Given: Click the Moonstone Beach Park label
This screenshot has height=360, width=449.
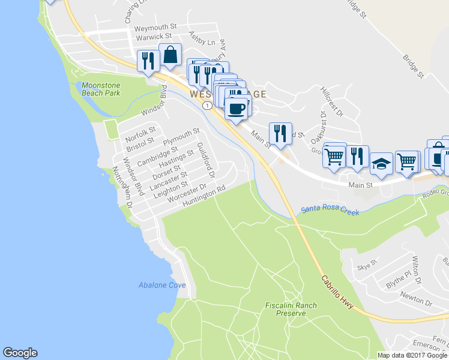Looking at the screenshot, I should [101, 89].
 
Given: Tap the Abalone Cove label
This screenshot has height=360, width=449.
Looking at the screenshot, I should [161, 285].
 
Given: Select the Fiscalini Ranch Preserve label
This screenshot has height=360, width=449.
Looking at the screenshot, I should [291, 310].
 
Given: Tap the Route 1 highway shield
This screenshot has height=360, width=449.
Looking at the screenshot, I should [206, 106].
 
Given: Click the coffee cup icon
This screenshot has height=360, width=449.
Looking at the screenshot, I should [237, 109].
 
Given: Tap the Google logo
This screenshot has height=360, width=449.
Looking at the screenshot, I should [20, 353].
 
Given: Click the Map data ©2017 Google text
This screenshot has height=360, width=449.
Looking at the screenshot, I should [412, 355].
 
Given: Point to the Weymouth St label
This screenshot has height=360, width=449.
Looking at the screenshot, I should [155, 28].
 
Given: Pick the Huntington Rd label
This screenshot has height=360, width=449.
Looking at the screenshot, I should [204, 193].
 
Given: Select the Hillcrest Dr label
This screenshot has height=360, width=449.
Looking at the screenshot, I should [331, 101].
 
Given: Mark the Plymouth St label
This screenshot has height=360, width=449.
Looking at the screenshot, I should [181, 136].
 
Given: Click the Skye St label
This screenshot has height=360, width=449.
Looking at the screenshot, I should [366, 263].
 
